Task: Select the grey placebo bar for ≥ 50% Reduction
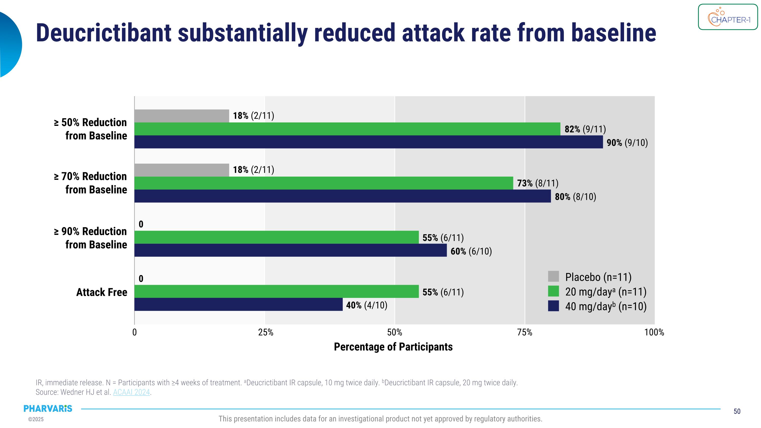(182, 116)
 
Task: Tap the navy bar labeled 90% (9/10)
(368, 142)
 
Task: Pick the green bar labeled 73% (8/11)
(323, 183)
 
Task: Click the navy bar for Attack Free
(238, 304)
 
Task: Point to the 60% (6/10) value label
(471, 251)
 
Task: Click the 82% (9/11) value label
(585, 129)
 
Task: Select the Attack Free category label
(102, 292)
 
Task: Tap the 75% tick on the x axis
(525, 333)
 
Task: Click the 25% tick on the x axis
(266, 333)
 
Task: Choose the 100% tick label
(654, 333)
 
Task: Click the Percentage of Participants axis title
(393, 347)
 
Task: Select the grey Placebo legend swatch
(553, 277)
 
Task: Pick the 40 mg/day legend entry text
(606, 306)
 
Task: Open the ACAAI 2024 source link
(131, 392)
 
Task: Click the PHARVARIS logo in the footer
(48, 408)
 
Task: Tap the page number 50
(737, 412)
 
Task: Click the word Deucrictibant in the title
(104, 33)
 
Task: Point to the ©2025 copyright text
(36, 419)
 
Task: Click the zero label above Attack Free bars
(141, 279)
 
